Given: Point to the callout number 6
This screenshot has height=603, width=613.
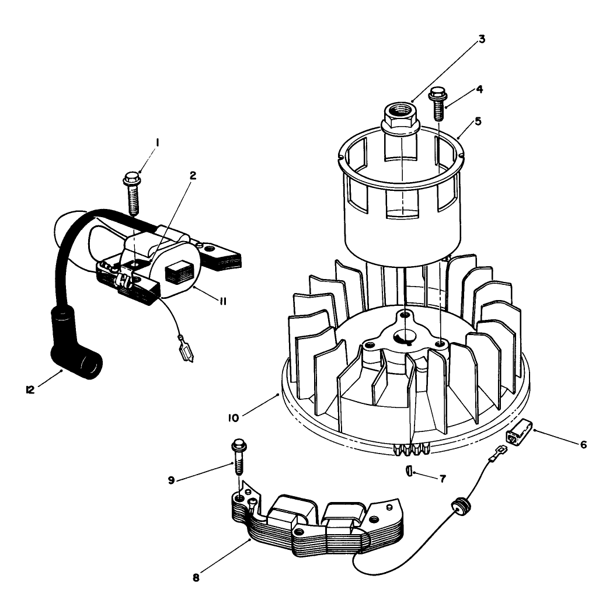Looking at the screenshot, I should (584, 444).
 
